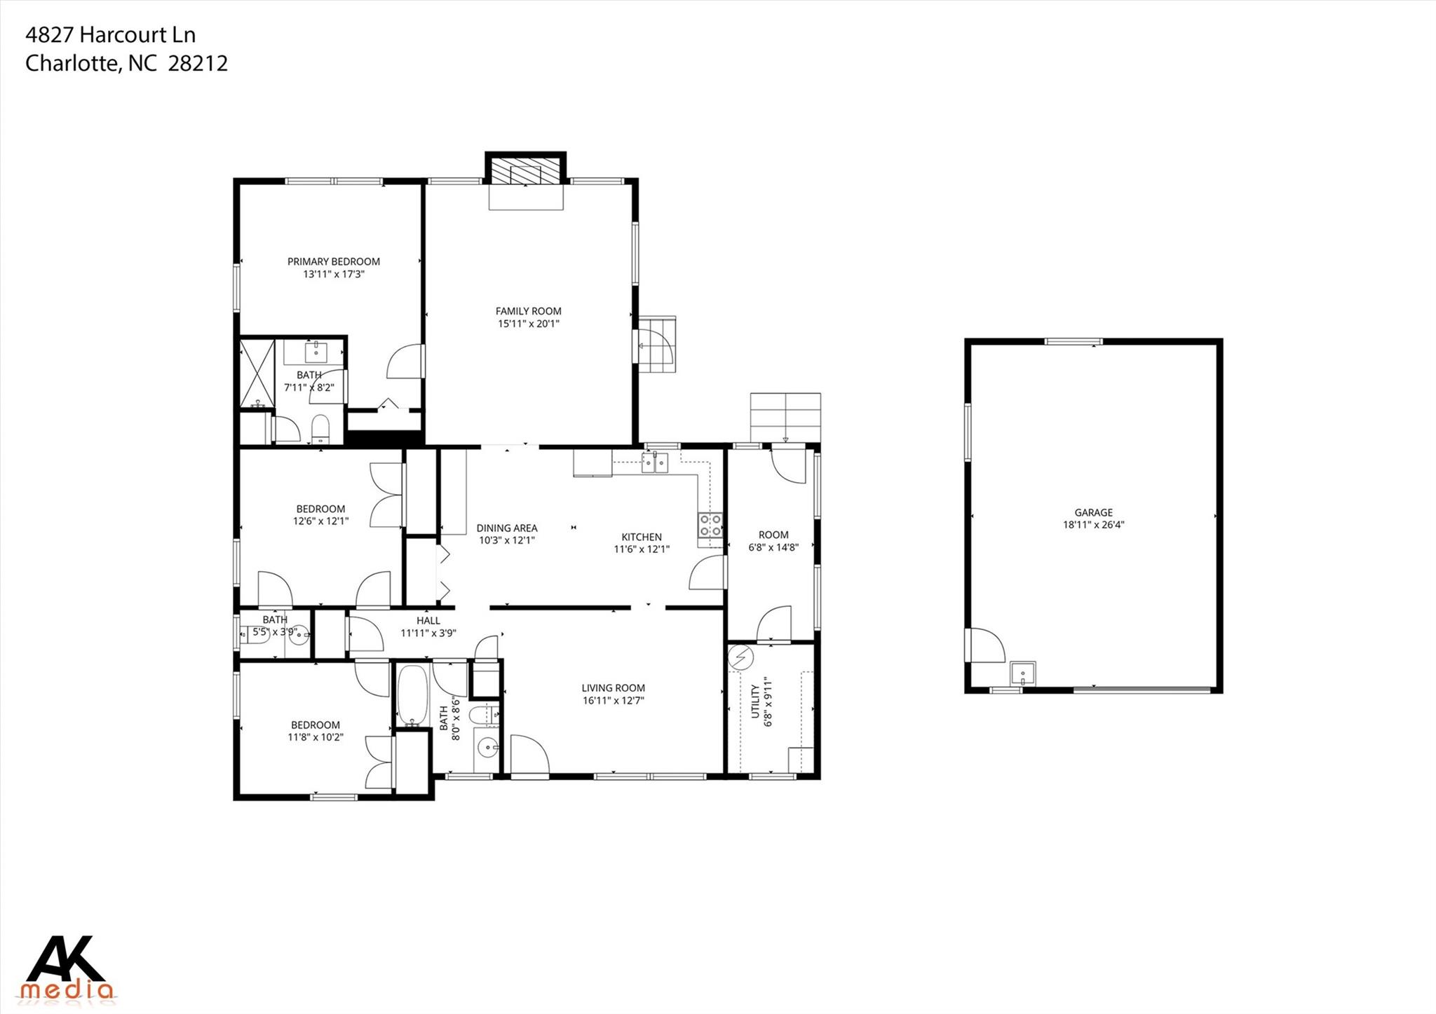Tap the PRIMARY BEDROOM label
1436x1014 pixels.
(334, 261)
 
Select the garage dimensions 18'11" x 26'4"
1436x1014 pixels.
(1093, 525)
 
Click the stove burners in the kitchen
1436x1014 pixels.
(710, 525)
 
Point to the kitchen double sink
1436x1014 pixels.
(656, 463)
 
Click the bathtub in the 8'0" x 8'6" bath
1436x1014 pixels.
(412, 696)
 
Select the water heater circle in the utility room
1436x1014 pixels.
(740, 657)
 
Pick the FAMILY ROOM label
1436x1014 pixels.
(528, 311)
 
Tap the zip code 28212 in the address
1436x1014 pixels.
(198, 64)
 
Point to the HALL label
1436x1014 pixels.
(428, 620)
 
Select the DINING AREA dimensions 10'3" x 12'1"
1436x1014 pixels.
(507, 540)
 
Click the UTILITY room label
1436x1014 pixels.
(755, 701)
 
